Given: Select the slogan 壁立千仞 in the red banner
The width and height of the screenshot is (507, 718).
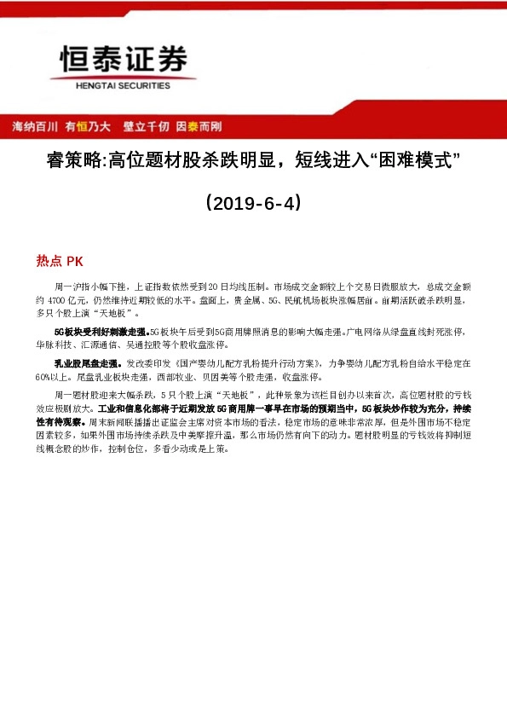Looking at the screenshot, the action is tap(145, 126).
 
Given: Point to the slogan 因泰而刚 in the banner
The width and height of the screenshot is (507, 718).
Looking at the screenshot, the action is tap(199, 126).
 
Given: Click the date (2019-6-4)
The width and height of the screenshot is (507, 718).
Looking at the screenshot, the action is tap(253, 204).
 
